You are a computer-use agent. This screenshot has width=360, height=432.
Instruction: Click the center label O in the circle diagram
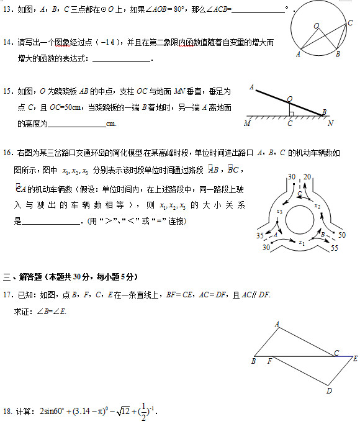coord(316,25)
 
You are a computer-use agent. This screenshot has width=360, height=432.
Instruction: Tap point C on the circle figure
coord(349,23)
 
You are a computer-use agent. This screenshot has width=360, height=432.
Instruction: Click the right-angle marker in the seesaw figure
coord(291,112)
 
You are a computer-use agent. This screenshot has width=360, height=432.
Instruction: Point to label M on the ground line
coord(247,123)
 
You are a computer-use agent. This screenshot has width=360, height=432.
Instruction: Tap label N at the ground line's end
coord(331,123)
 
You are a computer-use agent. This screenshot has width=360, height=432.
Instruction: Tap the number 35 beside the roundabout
coord(259,236)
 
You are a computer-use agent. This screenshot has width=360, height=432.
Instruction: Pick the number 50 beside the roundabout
coord(341,235)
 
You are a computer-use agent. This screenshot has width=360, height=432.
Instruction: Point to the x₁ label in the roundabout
coord(302,243)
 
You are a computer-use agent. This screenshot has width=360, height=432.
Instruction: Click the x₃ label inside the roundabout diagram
coord(279,212)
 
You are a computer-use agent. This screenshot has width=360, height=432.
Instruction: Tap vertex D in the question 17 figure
coord(329,390)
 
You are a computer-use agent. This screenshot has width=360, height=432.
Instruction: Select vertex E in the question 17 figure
coord(355,358)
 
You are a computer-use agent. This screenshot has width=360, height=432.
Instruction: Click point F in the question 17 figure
coord(269,361)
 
